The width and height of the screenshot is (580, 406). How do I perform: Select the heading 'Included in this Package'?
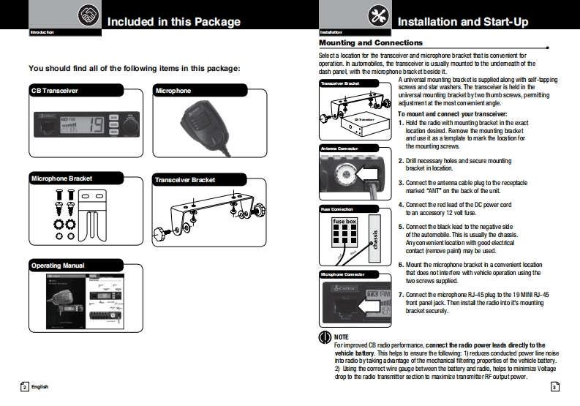click(x=174, y=22)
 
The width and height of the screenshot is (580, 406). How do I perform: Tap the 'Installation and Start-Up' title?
click(x=462, y=22)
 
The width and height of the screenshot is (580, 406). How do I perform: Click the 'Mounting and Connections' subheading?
click(x=372, y=43)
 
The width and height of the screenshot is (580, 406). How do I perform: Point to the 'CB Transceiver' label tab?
click(x=55, y=91)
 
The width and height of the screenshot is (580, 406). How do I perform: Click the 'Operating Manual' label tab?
click(x=58, y=265)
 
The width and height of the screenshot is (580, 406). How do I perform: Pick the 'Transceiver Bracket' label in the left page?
click(x=184, y=179)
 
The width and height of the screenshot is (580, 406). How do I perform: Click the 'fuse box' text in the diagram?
click(x=344, y=220)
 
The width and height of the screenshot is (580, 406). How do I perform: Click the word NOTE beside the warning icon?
click(x=341, y=337)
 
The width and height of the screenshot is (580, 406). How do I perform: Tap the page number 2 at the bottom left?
click(x=24, y=386)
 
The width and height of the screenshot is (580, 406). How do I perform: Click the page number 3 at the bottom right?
click(x=555, y=386)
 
